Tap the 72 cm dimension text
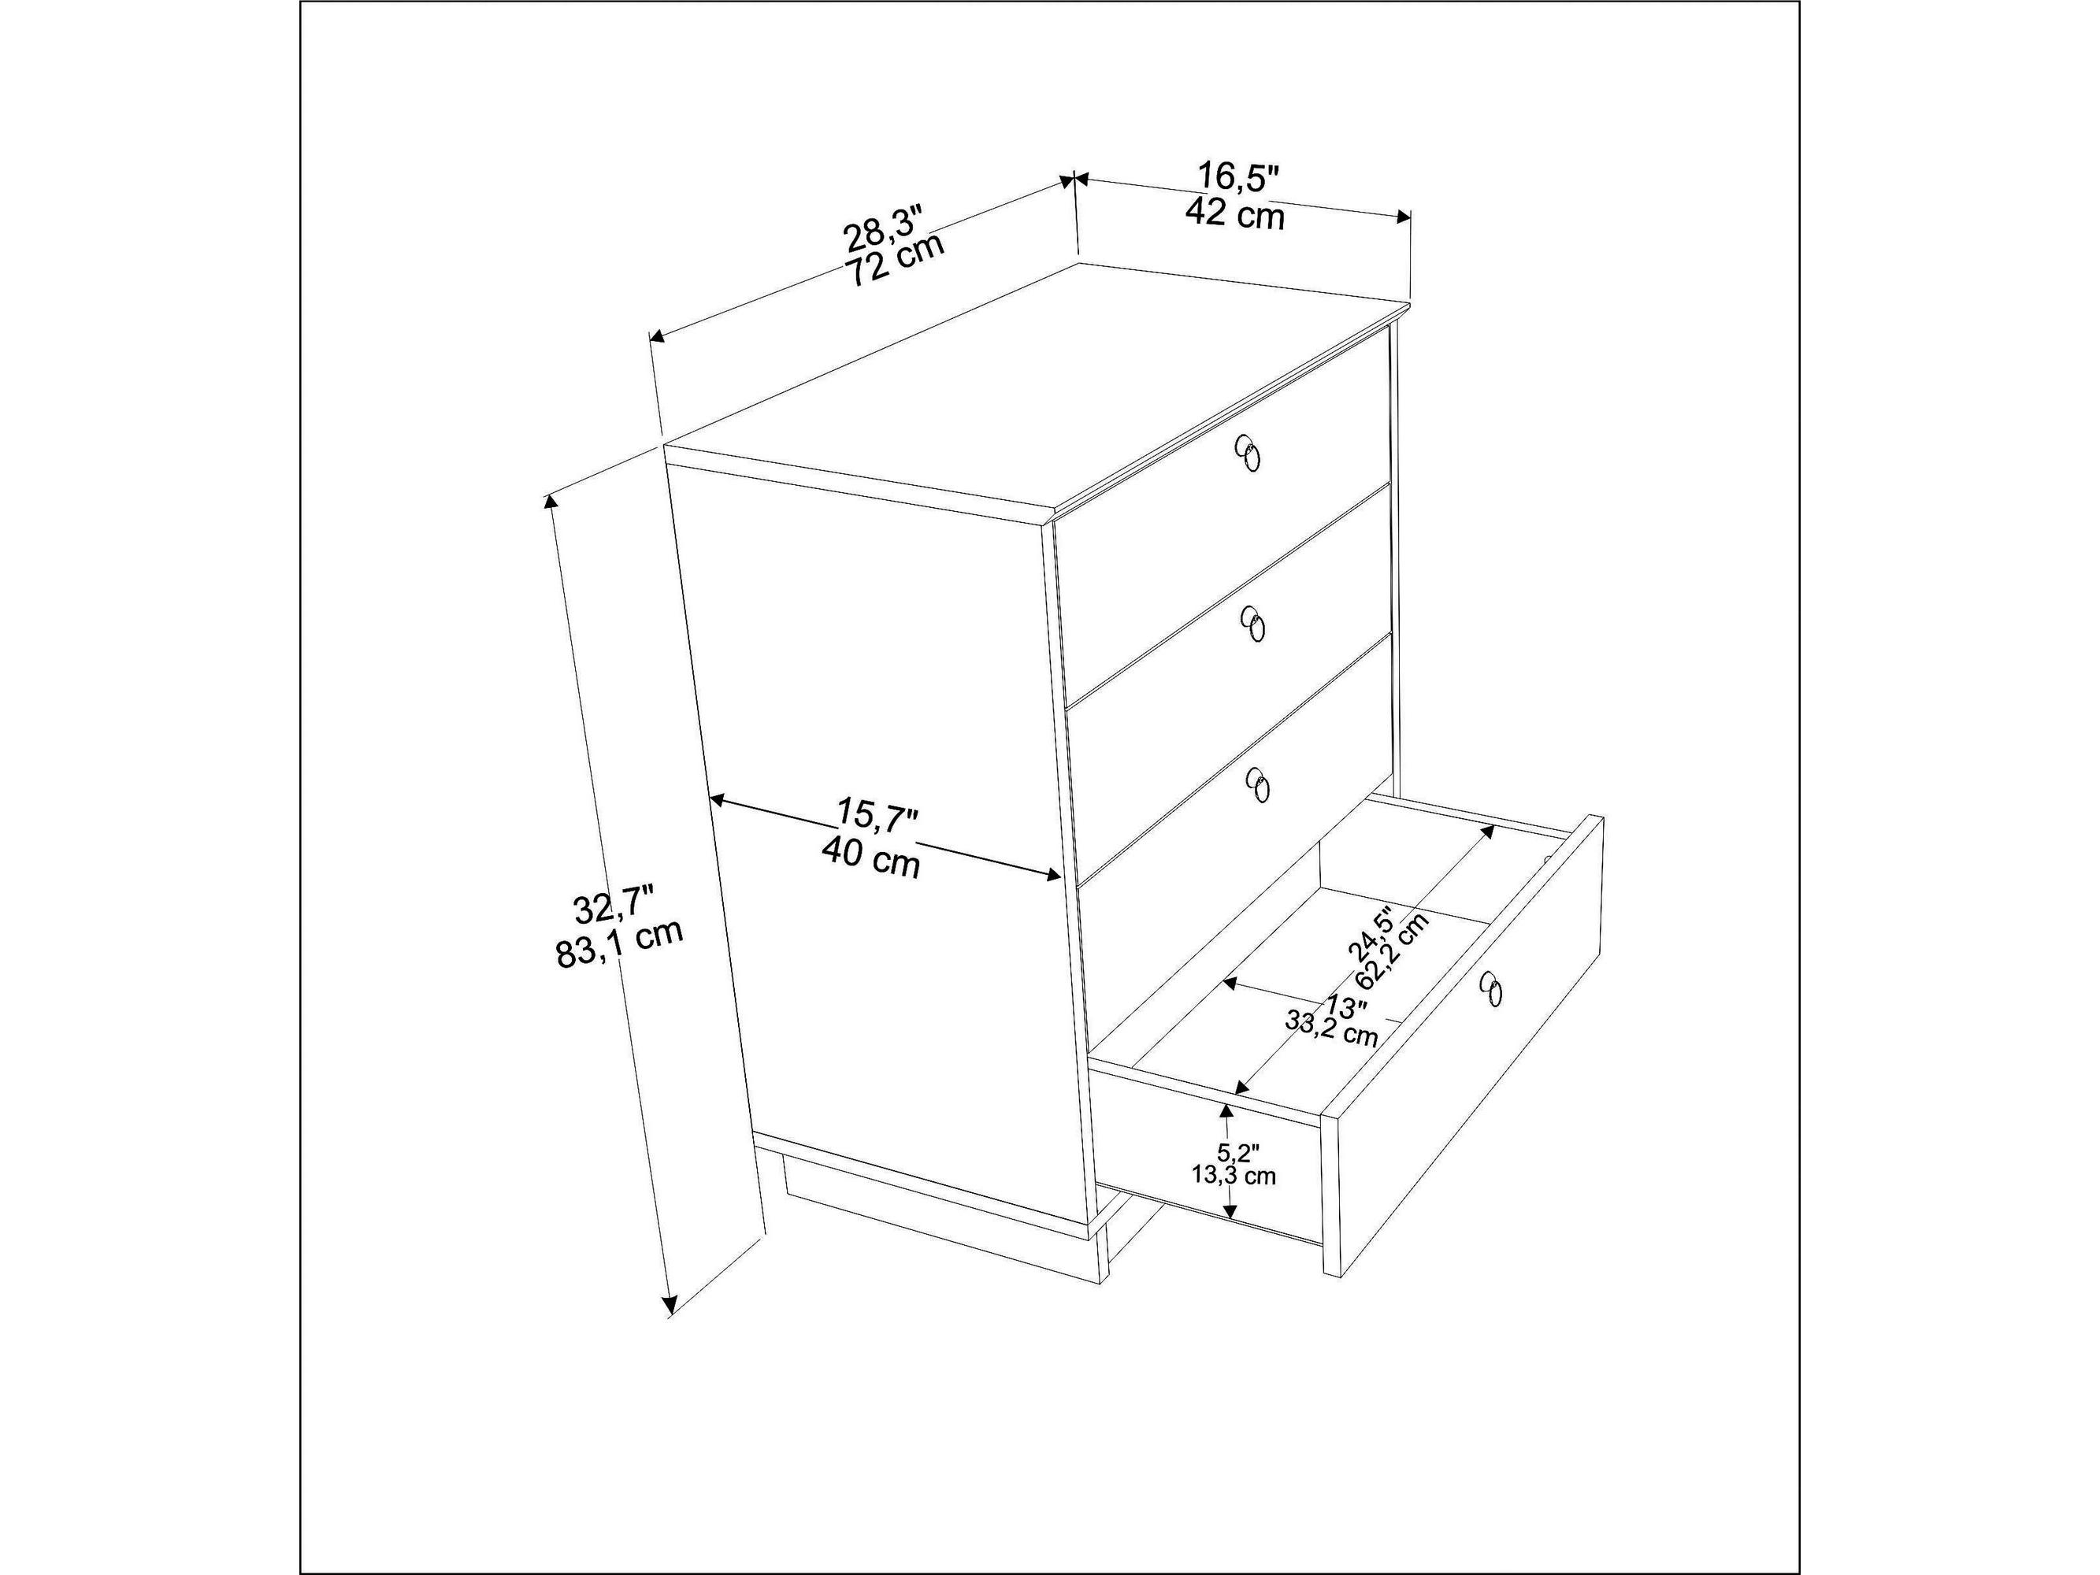pyautogui.click(x=896, y=258)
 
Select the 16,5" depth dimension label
pyautogui.click(x=1238, y=177)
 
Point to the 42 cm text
pyautogui.click(x=1234, y=213)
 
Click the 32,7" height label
pyautogui.click(x=614, y=906)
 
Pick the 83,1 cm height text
pyautogui.click(x=619, y=943)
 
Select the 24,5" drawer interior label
pyautogui.click(x=1372, y=945)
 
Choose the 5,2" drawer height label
pyautogui.click(x=1239, y=1154)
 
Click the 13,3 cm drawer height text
pyautogui.click(x=1234, y=1175)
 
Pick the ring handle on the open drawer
pyautogui.click(x=1490, y=988)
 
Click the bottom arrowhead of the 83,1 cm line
pyautogui.click(x=670, y=1306)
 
